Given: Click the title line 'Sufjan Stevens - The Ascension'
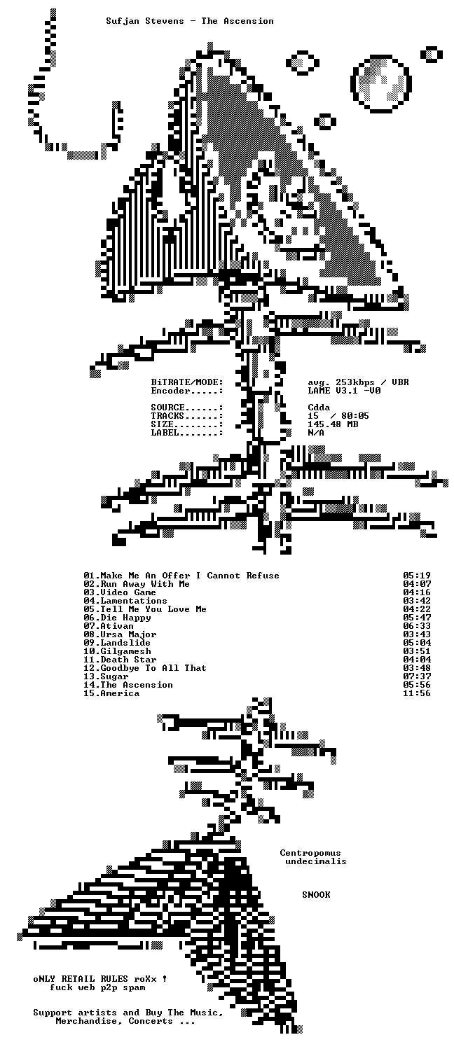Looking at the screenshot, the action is point(190,21).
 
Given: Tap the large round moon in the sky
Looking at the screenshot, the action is point(381,84).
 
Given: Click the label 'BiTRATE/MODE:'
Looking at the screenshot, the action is point(187,382).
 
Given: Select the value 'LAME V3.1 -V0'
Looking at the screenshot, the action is point(344,391).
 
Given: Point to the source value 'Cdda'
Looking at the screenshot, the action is point(319,408).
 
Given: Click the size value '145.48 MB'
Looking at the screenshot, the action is point(333,424).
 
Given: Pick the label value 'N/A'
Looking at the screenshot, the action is point(316,433).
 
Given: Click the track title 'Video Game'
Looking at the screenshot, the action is point(128,592).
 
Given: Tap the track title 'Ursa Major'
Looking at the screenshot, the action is point(128,634).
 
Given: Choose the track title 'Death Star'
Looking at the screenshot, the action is point(128,660).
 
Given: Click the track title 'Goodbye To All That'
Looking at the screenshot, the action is point(153,668).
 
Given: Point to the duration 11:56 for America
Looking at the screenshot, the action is point(417,693).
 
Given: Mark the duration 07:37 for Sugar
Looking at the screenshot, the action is point(417,676).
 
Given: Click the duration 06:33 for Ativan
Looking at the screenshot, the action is point(417,626).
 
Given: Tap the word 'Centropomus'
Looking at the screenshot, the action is point(310,853).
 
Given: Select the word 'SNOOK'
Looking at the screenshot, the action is point(316,894).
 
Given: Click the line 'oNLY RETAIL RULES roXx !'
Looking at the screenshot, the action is point(100,979).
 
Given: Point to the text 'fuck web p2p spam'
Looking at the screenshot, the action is point(98,987).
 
